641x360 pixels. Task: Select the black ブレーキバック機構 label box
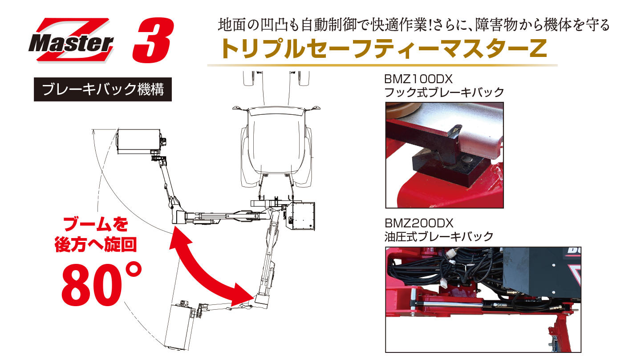103,90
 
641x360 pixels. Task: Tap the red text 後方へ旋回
96,245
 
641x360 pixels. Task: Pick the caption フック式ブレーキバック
444,93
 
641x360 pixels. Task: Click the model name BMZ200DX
418,223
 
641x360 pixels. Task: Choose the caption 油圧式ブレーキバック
439,236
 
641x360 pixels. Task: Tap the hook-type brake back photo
444,155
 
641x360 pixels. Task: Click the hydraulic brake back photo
483,299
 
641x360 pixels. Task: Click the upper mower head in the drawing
138,141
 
